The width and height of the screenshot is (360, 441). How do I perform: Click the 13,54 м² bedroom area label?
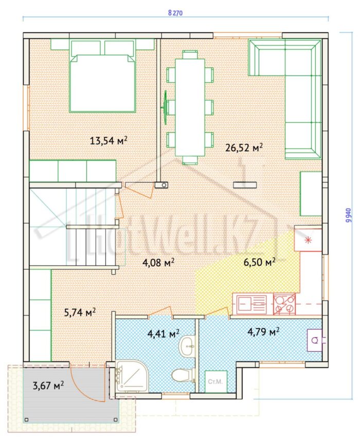pos(109,140)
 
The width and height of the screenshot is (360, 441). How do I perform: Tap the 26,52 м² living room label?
pos(244,147)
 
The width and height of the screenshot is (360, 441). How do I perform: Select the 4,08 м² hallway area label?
pos(158,263)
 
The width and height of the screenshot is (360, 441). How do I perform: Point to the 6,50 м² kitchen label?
pos(259,262)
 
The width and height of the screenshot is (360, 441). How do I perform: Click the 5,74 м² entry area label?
pos(80,312)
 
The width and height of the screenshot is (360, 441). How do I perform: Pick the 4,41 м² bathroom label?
pos(164,334)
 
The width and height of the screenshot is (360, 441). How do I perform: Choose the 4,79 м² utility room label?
pos(263,332)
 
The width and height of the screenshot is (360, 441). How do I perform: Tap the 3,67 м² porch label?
pos(48,385)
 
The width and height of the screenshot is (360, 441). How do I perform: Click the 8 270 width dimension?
pos(175,13)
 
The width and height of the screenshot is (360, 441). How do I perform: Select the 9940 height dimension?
pos(349,215)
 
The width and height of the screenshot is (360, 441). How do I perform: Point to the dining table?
pos(190,107)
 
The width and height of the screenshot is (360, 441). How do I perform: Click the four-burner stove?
pos(284,304)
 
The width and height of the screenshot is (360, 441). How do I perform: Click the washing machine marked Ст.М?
pos(216,382)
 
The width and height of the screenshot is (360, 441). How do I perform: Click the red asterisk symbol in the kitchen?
pos(309,240)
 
